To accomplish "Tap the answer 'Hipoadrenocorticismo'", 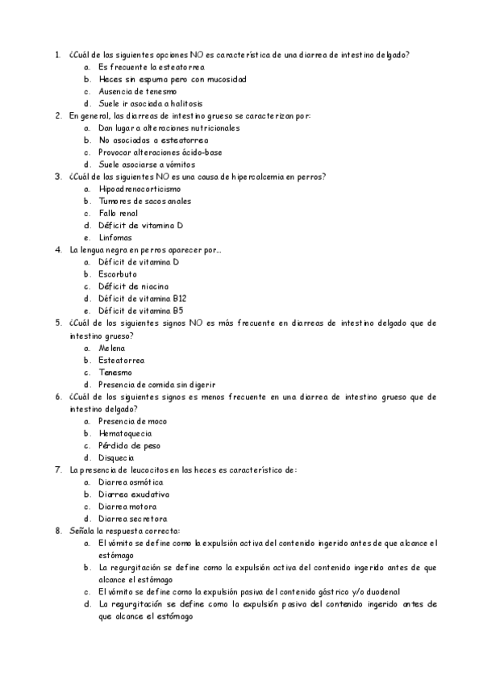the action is click(134, 189).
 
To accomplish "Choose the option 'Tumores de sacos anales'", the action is click(144, 201).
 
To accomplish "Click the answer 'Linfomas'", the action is click(115, 237).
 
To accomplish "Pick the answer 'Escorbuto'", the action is click(118, 274).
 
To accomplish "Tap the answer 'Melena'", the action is click(112, 348).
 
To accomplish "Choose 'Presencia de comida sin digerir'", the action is click(156, 384).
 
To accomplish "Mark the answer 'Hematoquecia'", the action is click(125, 433).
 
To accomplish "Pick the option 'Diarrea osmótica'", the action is click(131, 482).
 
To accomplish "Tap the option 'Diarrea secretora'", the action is click(132, 519).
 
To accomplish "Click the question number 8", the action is click(57, 531).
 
